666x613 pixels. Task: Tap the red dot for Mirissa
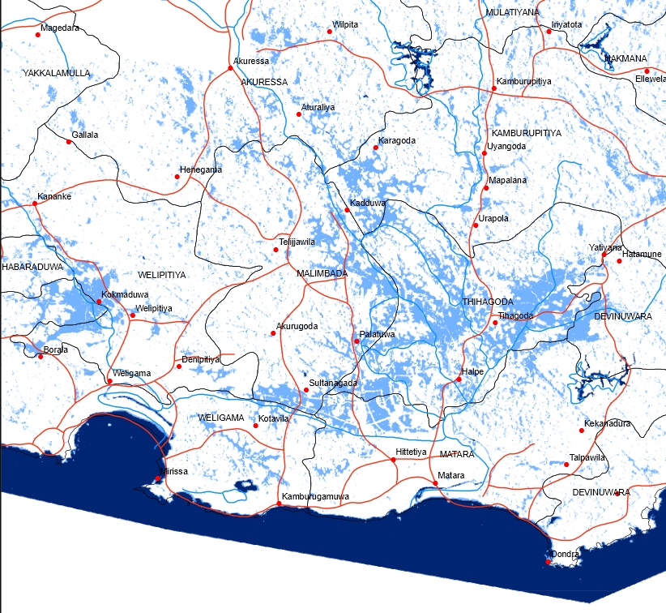(x=158, y=478)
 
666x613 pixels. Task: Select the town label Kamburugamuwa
(x=315, y=496)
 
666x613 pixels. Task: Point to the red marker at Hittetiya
(x=394, y=460)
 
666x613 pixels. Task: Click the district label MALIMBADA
(x=322, y=274)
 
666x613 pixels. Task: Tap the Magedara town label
(x=60, y=28)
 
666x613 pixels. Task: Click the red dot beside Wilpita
(x=330, y=32)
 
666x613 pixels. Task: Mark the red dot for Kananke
(x=36, y=203)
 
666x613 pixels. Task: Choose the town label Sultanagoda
(x=334, y=383)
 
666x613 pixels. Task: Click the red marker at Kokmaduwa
(x=99, y=302)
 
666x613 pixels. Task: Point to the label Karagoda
(x=397, y=141)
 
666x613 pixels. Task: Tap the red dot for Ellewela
(x=647, y=71)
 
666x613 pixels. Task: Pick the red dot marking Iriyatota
(x=549, y=32)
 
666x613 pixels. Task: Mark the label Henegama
(x=200, y=169)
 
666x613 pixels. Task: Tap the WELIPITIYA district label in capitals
(x=162, y=275)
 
